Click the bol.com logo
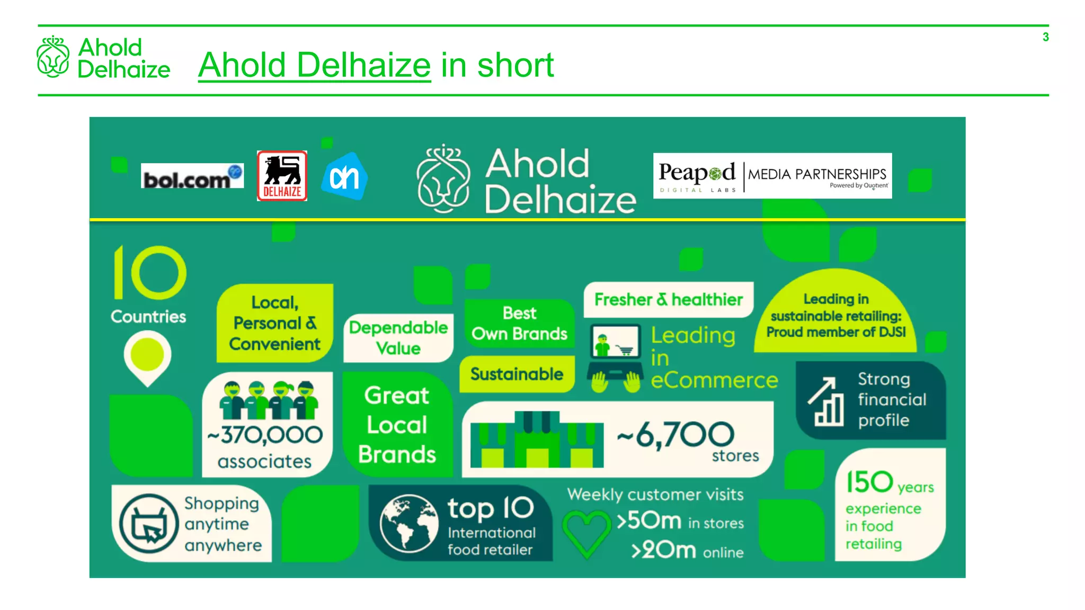point(192,176)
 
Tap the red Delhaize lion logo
point(282,176)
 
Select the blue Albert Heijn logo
point(344,177)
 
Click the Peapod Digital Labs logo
point(697,176)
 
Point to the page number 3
point(1045,37)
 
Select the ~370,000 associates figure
point(265,435)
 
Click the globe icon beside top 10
point(408,523)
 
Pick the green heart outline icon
point(586,533)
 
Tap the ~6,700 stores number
point(676,435)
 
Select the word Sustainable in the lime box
point(517,374)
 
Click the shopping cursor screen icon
point(149,523)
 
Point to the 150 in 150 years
point(869,482)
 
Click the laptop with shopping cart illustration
point(615,358)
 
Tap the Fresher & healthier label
point(668,300)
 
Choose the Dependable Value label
point(398,338)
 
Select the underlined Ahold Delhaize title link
point(314,65)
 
